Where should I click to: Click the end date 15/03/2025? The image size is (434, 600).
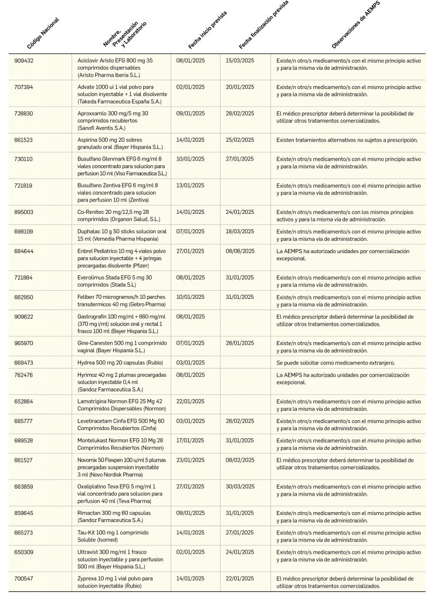point(240,60)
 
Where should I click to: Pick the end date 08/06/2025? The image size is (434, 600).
point(240,251)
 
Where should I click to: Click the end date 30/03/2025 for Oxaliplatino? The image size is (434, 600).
point(240,486)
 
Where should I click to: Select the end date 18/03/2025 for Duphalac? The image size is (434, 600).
point(240,231)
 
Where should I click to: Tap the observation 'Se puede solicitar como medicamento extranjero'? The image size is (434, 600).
point(340,362)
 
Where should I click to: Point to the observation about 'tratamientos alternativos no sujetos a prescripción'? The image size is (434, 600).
point(347,139)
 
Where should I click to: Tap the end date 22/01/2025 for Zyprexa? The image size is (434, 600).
point(240,578)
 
